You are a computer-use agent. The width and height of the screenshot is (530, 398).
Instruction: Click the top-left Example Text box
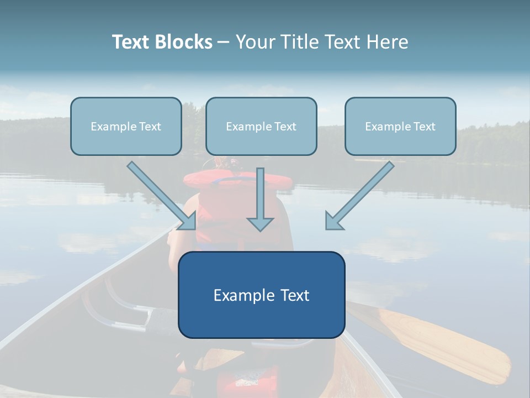126,127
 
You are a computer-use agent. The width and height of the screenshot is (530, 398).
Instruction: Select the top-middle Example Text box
261,127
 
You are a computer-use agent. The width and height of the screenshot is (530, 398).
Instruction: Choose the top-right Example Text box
400,127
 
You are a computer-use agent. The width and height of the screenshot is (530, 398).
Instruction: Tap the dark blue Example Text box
261,295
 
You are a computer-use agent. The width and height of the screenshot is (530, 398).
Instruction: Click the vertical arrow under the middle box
260,196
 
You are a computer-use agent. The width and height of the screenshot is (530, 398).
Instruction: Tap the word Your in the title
255,42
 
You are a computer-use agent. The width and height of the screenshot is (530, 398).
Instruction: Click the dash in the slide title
224,42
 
